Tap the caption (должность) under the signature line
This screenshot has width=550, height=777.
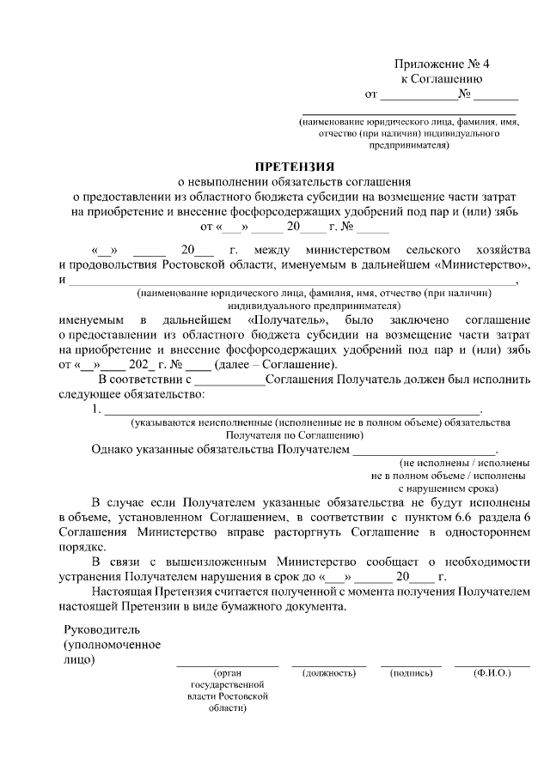(x=329, y=673)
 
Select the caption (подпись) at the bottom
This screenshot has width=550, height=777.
(x=411, y=673)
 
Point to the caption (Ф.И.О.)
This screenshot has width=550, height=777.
(x=492, y=673)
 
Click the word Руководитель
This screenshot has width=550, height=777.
(x=101, y=629)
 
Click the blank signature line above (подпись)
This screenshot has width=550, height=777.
(x=411, y=665)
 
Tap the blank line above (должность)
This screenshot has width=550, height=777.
(x=329, y=665)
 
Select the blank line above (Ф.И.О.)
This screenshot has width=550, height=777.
(x=492, y=665)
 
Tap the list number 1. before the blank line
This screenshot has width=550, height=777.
(x=95, y=410)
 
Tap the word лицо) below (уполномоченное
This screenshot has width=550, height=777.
(x=79, y=659)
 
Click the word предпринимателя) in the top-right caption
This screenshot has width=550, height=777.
(x=409, y=146)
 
